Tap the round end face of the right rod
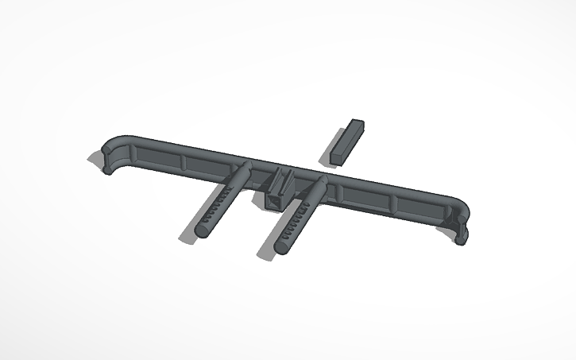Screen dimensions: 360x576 [280, 247]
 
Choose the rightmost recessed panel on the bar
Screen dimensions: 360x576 [415, 204]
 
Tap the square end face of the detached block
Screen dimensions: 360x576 [341, 157]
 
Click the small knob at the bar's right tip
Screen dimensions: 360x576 [461, 236]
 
